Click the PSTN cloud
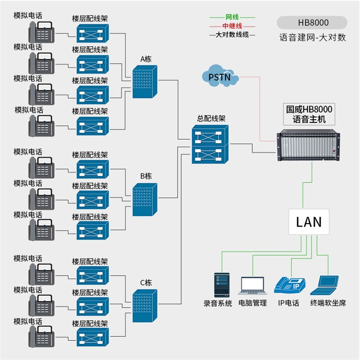pyautogui.click(x=220, y=76)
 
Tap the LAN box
pyautogui.click(x=309, y=222)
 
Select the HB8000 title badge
pyautogui.click(x=312, y=23)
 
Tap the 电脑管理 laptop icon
pyautogui.click(x=252, y=285)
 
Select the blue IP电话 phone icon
pyautogui.click(x=289, y=285)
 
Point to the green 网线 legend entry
pyautogui.click(x=232, y=17)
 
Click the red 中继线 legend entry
pyautogui.click(x=232, y=26)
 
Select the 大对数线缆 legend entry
pyautogui.click(x=232, y=35)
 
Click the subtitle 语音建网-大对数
pyautogui.click(x=312, y=37)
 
